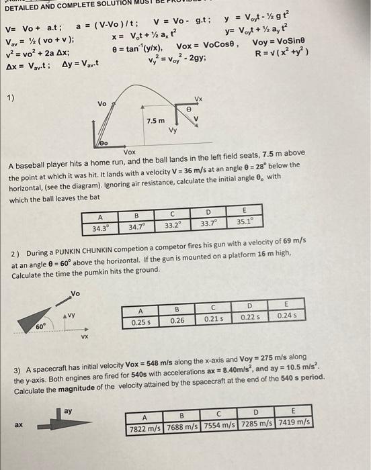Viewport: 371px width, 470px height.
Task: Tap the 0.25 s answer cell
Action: point(140,322)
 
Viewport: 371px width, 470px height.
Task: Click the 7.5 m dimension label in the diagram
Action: point(156,121)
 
